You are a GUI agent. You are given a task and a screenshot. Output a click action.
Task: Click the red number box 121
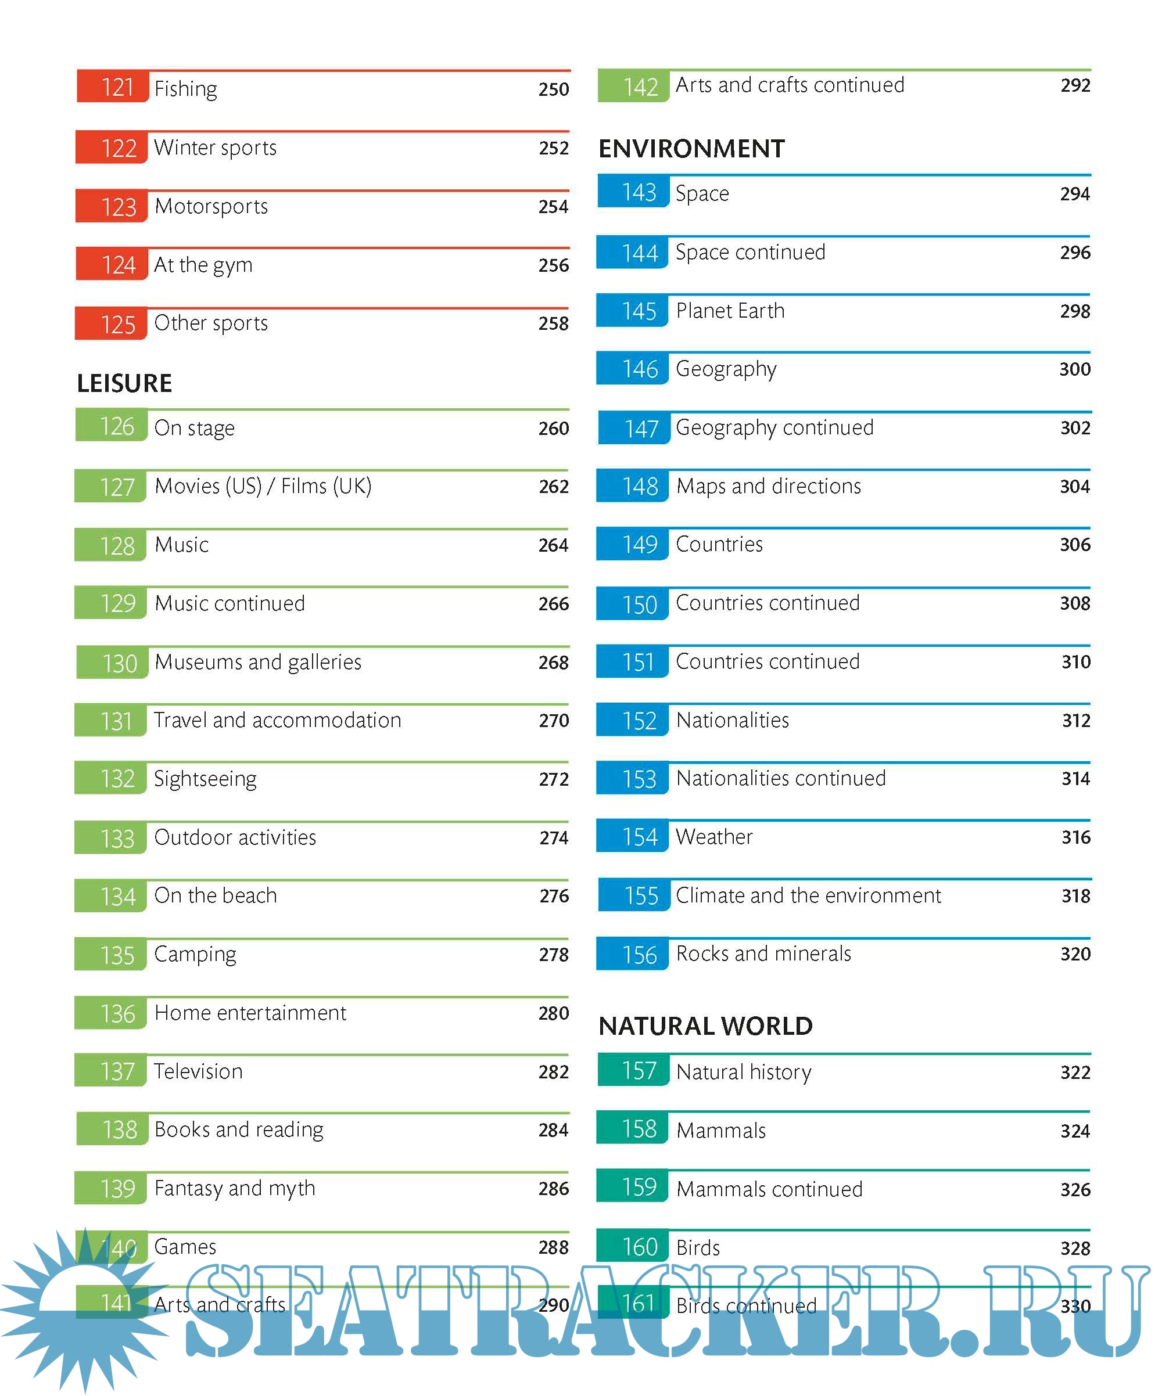[x=112, y=87]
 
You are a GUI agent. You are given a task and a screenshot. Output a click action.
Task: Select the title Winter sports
[x=215, y=147]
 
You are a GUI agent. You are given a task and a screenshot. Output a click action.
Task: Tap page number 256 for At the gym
[x=553, y=265]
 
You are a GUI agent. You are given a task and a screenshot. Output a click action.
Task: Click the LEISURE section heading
[x=124, y=384]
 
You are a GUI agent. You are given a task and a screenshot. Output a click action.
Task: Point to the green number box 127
[x=110, y=487]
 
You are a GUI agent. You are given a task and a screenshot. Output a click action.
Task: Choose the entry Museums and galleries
[x=258, y=662]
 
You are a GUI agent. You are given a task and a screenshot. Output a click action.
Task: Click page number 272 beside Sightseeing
[x=553, y=779]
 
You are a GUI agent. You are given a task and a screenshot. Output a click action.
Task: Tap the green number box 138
[x=112, y=1130]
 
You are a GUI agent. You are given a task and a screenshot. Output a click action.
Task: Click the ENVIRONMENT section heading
[x=691, y=149]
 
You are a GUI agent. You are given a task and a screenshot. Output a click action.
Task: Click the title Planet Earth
[x=730, y=311]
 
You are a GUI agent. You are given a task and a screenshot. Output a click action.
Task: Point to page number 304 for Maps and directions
[x=1074, y=487]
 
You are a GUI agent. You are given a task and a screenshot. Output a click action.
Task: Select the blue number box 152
[x=632, y=721]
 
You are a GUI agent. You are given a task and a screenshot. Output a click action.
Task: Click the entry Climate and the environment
[x=808, y=896]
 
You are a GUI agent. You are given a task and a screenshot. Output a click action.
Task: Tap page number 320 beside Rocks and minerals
[x=1074, y=955]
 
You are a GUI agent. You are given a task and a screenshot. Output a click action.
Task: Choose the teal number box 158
[x=632, y=1129]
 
